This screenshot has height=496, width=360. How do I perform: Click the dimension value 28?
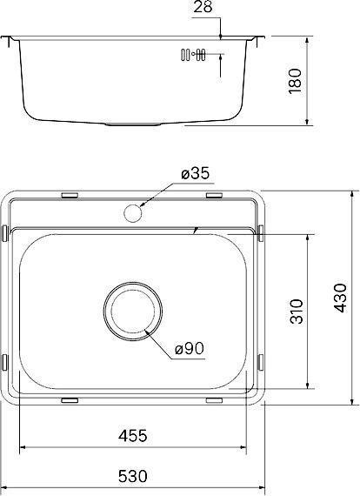204,8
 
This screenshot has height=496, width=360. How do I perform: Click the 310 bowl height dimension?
295,311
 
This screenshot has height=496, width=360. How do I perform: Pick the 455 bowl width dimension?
133,435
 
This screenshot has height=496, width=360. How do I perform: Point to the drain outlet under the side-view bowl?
132,124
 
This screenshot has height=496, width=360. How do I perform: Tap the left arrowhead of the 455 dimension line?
23,448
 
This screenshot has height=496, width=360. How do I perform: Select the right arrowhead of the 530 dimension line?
263,489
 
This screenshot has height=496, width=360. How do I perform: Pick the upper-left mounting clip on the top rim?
70,196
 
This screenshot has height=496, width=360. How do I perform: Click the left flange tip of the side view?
5,39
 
